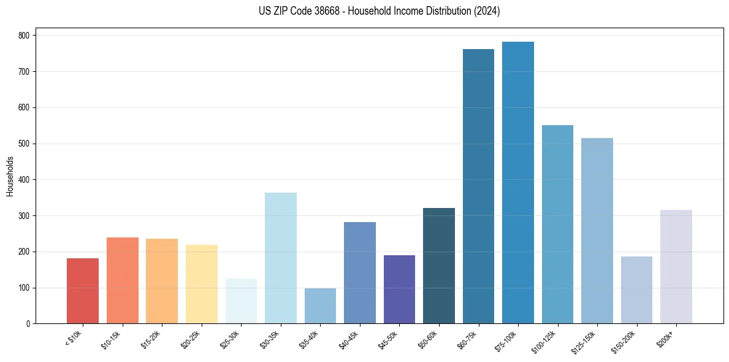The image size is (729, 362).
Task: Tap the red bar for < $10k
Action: point(83,291)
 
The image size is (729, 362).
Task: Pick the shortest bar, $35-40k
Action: point(320,306)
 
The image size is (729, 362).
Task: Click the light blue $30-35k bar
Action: point(281,258)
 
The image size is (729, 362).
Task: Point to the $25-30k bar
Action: point(241,301)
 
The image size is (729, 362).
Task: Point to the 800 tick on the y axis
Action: point(26,36)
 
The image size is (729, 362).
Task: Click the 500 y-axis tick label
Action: point(26,144)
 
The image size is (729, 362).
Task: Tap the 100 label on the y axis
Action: point(26,288)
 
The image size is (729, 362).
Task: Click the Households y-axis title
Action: point(10,176)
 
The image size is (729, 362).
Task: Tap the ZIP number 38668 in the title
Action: point(322,11)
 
